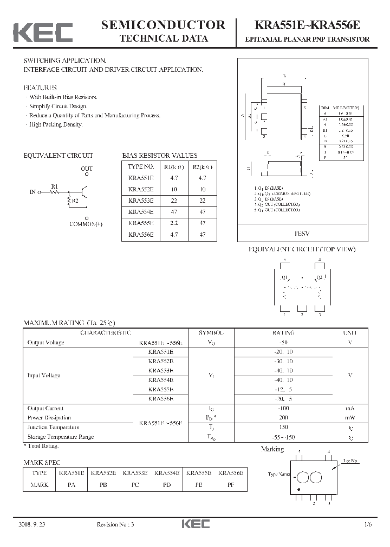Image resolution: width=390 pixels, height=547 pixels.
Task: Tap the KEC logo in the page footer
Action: coord(195,524)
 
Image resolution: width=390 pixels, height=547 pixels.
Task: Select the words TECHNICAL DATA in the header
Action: coord(163,38)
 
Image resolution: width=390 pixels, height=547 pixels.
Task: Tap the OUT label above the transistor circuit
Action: coord(87,169)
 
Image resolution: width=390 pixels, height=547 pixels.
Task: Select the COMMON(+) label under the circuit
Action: coord(86,224)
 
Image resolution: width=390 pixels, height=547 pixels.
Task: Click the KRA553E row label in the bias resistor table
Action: coord(141,200)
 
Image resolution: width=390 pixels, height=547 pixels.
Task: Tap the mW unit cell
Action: coord(349,418)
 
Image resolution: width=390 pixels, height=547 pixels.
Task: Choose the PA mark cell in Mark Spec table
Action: coord(71,485)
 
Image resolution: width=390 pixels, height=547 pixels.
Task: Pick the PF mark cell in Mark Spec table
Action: coord(230,485)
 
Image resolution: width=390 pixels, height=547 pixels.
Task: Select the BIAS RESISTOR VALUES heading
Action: coord(160,155)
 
